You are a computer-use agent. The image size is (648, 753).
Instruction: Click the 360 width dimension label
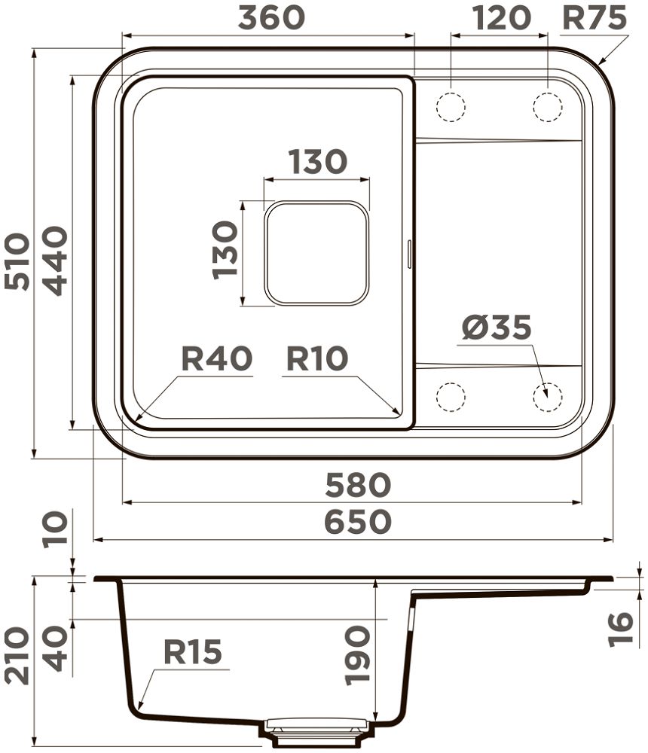pyautogui.click(x=271, y=17)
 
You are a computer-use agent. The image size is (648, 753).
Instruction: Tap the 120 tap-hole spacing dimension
pyautogui.click(x=501, y=17)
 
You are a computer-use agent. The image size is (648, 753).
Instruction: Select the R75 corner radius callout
pyautogui.click(x=595, y=17)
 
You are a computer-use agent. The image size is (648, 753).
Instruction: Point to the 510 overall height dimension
pyautogui.click(x=17, y=261)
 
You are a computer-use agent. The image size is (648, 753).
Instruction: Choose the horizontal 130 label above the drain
pyautogui.click(x=317, y=162)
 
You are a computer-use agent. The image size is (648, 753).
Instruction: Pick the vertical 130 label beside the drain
pyautogui.click(x=225, y=250)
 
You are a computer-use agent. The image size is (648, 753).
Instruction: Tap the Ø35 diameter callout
pyautogui.click(x=496, y=328)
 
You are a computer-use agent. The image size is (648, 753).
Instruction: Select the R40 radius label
pyautogui.click(x=216, y=358)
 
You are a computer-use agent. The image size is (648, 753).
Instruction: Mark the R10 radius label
pyautogui.click(x=316, y=358)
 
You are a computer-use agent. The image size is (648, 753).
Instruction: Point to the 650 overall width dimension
pyautogui.click(x=358, y=522)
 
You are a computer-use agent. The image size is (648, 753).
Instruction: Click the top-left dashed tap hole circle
pyautogui.click(x=451, y=107)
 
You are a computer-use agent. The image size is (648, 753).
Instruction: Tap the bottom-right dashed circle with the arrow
pyautogui.click(x=547, y=397)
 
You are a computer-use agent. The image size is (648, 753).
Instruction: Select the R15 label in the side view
pyautogui.click(x=192, y=652)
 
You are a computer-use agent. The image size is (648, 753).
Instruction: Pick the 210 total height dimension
pyautogui.click(x=17, y=655)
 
